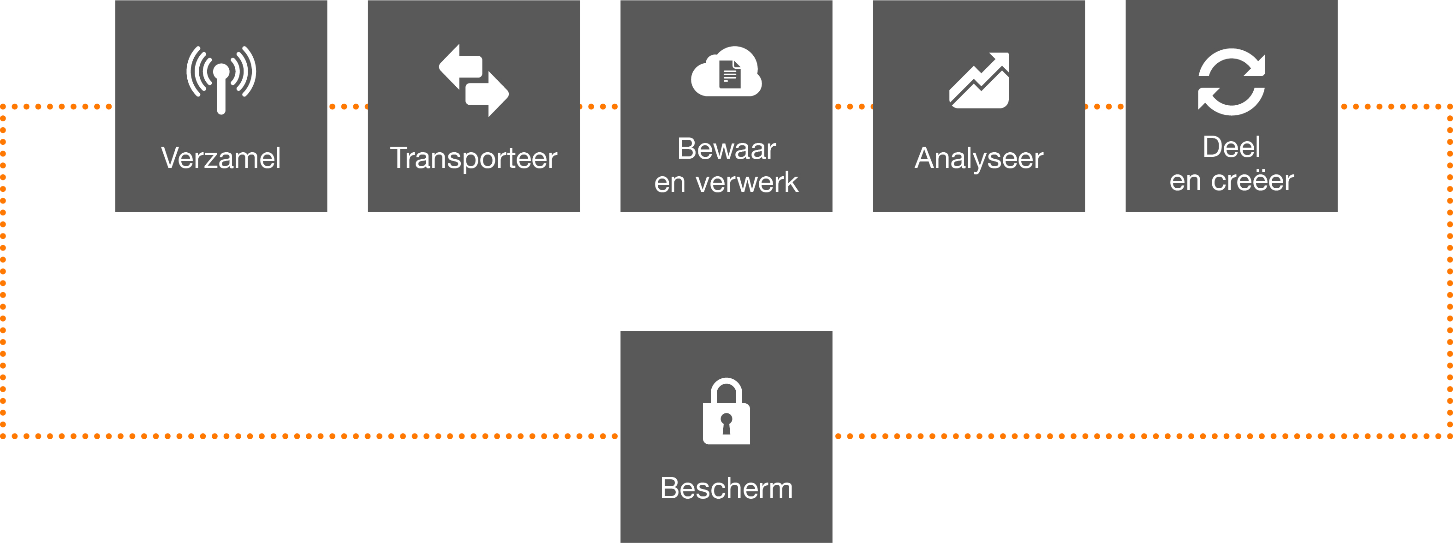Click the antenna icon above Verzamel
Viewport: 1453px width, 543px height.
click(221, 79)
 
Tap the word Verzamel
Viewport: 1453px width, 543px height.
click(221, 158)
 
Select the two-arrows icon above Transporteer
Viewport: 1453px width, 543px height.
click(474, 81)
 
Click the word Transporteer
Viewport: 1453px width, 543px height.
click(474, 158)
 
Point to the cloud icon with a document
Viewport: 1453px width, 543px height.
click(726, 72)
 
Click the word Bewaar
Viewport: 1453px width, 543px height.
click(726, 149)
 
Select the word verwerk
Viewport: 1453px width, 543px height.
click(747, 183)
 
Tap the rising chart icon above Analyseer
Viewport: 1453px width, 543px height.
click(979, 80)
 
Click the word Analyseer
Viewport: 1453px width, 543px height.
click(979, 158)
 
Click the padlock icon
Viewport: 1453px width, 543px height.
click(726, 411)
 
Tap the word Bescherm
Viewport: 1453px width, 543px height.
click(726, 488)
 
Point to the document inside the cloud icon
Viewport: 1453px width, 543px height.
click(730, 74)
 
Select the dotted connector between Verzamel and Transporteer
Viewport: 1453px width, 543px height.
click(347, 107)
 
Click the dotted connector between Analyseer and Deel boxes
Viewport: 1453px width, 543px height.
click(1106, 107)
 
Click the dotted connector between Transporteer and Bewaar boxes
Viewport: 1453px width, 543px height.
click(600, 107)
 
